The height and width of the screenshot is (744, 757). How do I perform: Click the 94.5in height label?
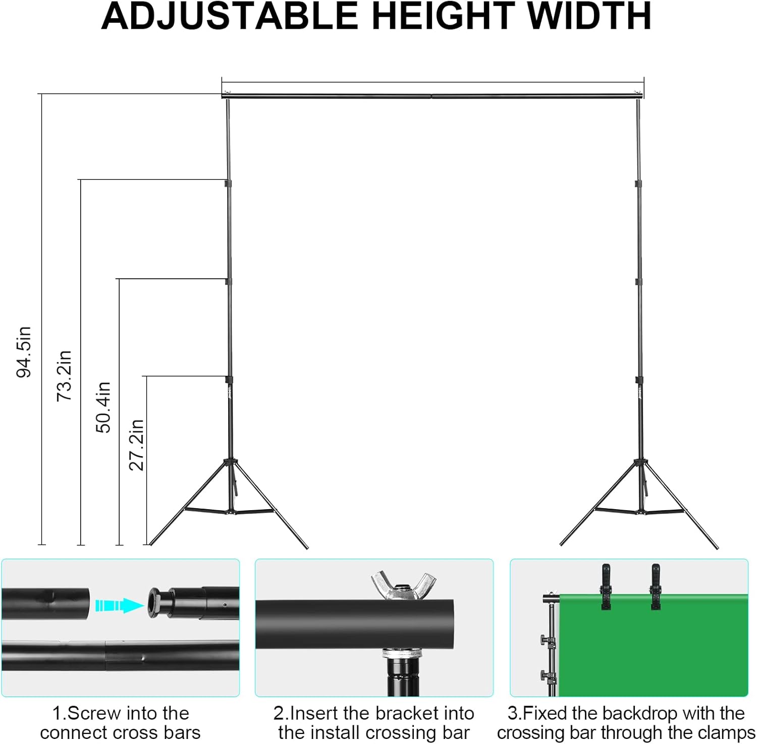(24, 352)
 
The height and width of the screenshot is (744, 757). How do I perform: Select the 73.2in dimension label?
(64, 376)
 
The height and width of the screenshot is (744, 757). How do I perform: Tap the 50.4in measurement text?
(103, 407)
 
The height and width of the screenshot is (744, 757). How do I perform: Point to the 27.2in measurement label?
(136, 444)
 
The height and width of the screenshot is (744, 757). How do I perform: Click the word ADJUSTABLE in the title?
(230, 17)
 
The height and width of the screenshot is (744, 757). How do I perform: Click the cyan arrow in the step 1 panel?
(119, 605)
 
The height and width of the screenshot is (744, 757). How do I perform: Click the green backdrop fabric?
(656, 652)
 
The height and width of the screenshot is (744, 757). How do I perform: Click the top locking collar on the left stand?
(228, 182)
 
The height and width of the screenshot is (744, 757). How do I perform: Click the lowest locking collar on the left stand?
(229, 379)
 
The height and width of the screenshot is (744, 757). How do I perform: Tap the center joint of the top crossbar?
(431, 95)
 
